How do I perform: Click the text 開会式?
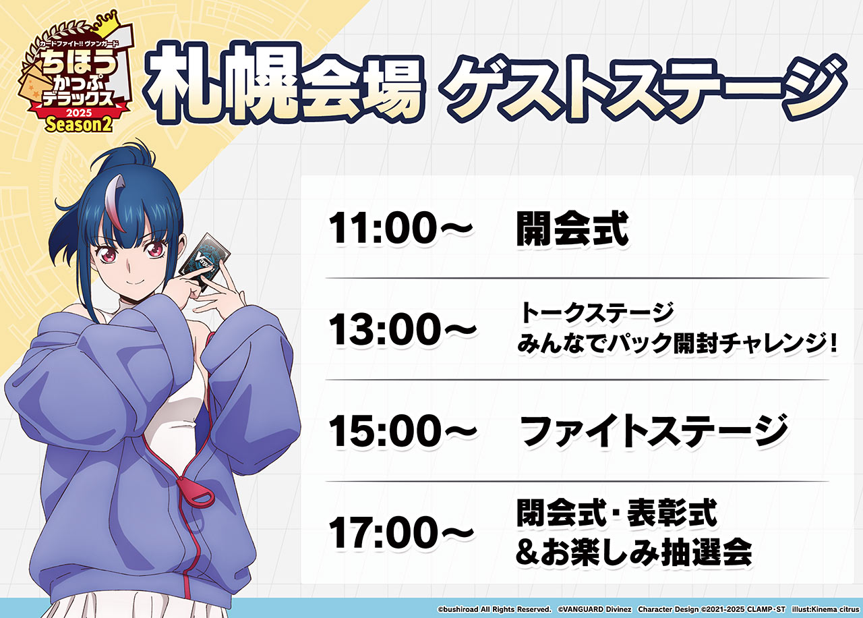point(572,229)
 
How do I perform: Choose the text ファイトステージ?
point(654,430)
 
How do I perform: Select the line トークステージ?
point(597,312)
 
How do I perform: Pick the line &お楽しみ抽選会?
point(634,552)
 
